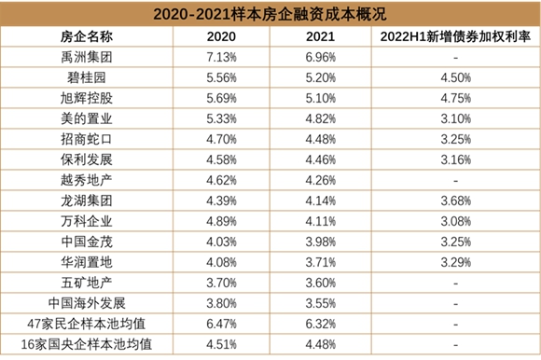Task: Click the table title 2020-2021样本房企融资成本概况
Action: point(270,13)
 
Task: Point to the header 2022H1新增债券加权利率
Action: point(451,35)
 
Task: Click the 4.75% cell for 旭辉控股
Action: point(451,97)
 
